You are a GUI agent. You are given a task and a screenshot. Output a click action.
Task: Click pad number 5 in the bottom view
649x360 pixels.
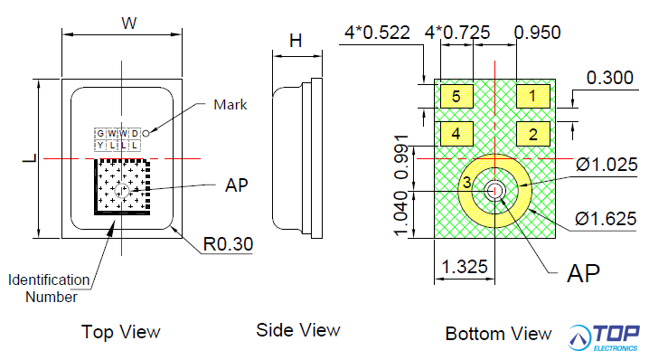[456, 96]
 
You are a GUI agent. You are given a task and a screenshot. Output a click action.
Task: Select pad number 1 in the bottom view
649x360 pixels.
[533, 96]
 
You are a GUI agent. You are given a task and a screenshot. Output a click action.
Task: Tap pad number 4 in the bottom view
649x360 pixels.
[456, 134]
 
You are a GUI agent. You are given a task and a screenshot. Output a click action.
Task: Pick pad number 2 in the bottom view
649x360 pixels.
[533, 134]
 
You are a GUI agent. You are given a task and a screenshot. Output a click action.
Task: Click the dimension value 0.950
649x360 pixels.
[537, 33]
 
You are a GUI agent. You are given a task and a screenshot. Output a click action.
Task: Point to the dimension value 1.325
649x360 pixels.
[465, 267]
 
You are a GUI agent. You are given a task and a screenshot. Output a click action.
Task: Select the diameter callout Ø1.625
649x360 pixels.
[606, 219]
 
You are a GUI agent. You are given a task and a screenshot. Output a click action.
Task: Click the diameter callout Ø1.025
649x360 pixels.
[607, 165]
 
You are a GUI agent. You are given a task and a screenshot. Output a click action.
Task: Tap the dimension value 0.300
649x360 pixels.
[609, 78]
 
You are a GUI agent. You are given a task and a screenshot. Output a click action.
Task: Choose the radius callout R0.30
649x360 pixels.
[228, 244]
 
